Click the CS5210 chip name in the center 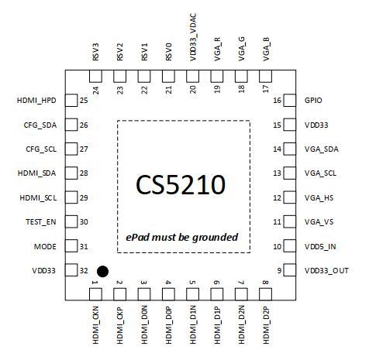[181, 185]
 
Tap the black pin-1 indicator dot [102, 272]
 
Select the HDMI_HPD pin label [36, 101]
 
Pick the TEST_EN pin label [40, 221]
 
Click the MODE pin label [45, 246]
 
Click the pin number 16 [278, 101]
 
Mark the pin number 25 [84, 101]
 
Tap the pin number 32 [84, 270]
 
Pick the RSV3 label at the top [96, 53]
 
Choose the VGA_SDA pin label [321, 149]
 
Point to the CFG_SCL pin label [41, 149]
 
